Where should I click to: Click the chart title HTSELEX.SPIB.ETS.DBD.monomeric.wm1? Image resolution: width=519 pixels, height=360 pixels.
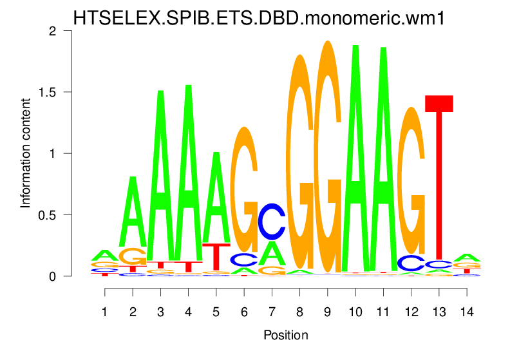pos(259,18)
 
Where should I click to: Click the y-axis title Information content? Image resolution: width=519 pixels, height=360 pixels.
pos(26,153)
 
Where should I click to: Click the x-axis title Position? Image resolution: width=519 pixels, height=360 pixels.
pos(286,336)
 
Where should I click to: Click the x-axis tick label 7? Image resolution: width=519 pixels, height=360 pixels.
pos(272,312)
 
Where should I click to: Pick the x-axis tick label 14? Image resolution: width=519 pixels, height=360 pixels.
pos(467,312)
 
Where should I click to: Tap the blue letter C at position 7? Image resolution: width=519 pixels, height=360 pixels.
pos(272,220)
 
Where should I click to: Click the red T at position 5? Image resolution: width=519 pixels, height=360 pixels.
pos(216,256)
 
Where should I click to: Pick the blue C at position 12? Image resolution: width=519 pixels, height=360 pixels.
pos(411,263)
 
